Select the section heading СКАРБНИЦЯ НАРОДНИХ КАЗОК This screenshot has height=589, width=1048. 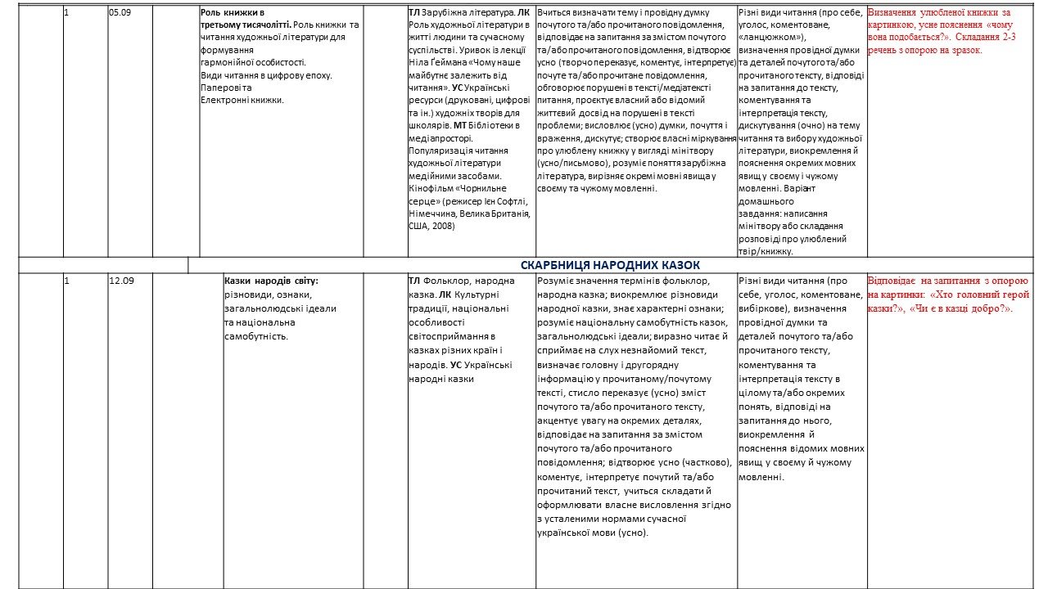click(610, 265)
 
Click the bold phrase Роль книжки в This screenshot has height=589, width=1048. click(232, 13)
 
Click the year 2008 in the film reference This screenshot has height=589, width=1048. click(445, 227)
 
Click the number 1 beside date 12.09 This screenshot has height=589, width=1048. click(66, 281)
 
